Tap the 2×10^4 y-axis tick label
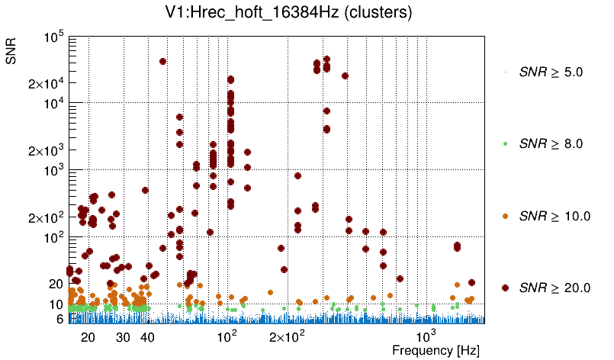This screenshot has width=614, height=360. point(47,84)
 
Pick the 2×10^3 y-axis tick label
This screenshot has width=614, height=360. point(47,151)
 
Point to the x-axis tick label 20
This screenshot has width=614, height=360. point(88,336)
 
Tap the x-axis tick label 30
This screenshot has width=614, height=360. point(123,336)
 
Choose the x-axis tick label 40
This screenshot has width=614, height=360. point(147,336)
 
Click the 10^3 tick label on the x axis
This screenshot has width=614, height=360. point(426,335)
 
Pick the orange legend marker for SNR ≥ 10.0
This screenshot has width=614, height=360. point(505,217)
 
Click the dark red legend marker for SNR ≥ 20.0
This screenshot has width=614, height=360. point(505,288)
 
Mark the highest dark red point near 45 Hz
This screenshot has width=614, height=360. point(162,62)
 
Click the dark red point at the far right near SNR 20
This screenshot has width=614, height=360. point(471,283)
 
